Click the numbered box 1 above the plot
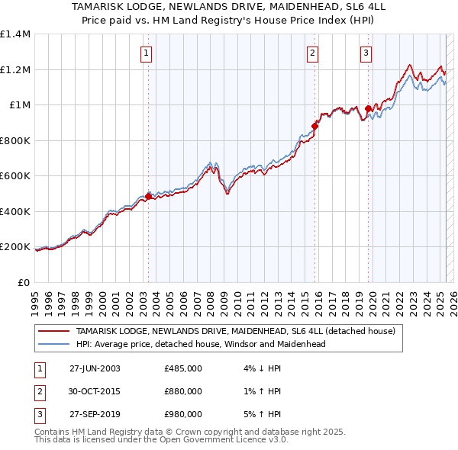point(146,53)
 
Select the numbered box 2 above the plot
point(313,53)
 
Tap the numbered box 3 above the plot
point(366,53)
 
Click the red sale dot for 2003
point(148,196)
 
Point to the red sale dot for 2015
point(314,126)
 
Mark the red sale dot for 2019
point(368,108)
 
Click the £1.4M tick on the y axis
point(15,34)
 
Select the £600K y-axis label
point(15,176)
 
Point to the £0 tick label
point(23,282)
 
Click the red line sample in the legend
point(53,332)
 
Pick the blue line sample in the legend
point(53,344)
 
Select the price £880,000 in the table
point(183,391)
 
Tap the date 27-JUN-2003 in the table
point(95,368)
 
